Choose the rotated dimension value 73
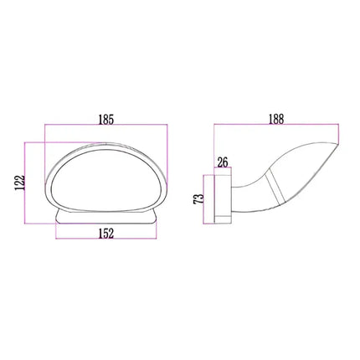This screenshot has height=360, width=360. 198,199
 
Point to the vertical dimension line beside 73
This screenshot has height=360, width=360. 206,199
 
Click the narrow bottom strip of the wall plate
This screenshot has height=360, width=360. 224,222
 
